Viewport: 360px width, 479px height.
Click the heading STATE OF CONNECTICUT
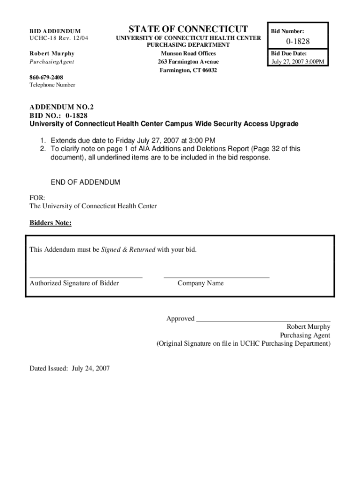click(x=188, y=29)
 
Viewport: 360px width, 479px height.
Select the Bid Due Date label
click(x=289, y=54)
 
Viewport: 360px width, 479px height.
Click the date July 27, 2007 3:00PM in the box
click(x=298, y=62)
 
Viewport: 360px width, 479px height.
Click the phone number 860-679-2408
click(x=46, y=77)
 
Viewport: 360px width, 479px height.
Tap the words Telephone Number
click(x=52, y=85)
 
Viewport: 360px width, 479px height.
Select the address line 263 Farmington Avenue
click(x=188, y=62)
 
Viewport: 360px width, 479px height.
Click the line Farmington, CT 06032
click(x=188, y=70)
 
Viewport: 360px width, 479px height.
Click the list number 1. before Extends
click(x=42, y=140)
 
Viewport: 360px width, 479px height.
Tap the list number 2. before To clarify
click(x=42, y=149)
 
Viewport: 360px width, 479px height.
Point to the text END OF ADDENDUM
click(x=85, y=182)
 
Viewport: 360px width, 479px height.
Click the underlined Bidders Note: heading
click(x=50, y=223)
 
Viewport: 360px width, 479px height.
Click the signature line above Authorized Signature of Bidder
click(x=86, y=278)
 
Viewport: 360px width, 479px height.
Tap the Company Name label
click(x=201, y=283)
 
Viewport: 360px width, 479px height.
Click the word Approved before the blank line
click(x=180, y=319)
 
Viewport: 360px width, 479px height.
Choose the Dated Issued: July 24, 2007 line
click(x=70, y=368)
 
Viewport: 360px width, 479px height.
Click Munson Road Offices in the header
click(x=188, y=53)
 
